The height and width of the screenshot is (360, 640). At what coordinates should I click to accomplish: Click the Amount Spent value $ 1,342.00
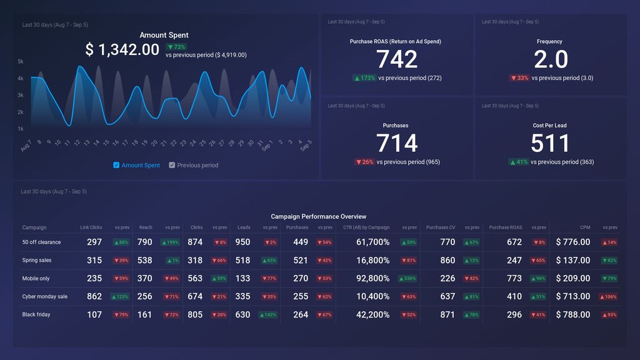[x=122, y=50]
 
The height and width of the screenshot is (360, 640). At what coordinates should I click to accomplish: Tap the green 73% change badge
[x=176, y=47]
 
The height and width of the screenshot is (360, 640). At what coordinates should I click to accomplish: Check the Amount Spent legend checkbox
[x=116, y=165]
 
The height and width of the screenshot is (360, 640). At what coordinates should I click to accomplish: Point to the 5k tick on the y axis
[x=21, y=61]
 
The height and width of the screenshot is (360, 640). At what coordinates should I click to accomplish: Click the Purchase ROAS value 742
[x=396, y=59]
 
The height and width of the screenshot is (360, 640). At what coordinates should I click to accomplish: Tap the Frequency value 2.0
[x=550, y=59]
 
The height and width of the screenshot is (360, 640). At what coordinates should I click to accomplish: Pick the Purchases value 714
[x=396, y=143]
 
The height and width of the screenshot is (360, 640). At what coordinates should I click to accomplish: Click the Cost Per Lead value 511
[x=550, y=143]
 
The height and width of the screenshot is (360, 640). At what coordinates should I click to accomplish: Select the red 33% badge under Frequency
[x=519, y=78]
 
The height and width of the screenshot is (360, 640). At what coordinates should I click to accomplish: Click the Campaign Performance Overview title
[x=319, y=216]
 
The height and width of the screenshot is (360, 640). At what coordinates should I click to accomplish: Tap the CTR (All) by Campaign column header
[x=366, y=227]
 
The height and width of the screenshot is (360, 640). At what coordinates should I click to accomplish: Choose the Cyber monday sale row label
[x=45, y=296]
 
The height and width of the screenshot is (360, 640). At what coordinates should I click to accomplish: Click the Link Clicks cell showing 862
[x=94, y=296]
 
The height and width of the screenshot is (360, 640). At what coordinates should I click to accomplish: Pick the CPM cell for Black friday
[x=572, y=314]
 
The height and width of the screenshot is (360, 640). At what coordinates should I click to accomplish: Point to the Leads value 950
[x=242, y=242]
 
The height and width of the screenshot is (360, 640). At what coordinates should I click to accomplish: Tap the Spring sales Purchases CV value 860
[x=447, y=260]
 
